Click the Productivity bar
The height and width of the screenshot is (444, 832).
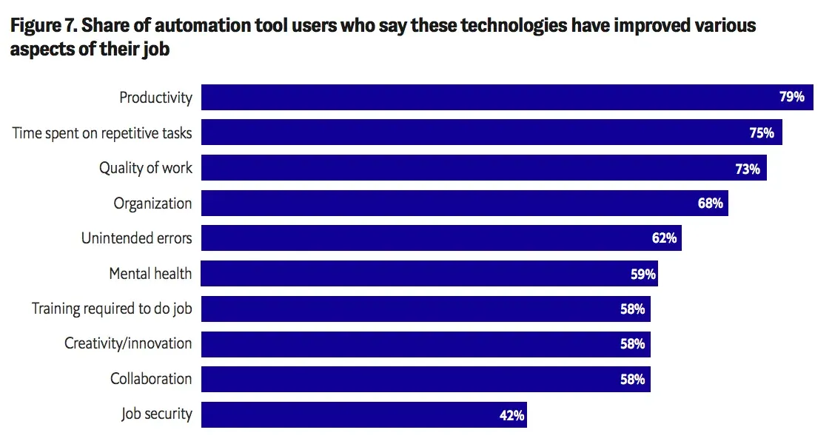click(507, 97)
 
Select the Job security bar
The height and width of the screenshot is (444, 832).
click(364, 414)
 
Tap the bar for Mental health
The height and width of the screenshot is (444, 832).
click(429, 273)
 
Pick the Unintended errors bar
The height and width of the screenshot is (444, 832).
click(441, 238)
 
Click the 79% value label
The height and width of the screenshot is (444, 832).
click(792, 96)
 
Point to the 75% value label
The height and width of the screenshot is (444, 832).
click(762, 132)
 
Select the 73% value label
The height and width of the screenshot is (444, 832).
click(748, 169)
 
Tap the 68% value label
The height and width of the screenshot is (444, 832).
click(711, 203)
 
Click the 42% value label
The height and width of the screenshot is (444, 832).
click(512, 415)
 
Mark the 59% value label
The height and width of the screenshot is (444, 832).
click(643, 275)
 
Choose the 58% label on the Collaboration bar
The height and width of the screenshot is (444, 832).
click(632, 380)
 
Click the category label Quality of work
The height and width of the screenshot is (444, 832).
click(146, 168)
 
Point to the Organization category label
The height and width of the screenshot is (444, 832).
click(152, 203)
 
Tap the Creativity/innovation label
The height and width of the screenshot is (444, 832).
click(128, 343)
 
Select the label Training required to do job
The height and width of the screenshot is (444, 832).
click(112, 309)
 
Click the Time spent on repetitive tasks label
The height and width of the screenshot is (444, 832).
click(102, 133)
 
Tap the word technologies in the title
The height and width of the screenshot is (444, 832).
click(514, 26)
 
